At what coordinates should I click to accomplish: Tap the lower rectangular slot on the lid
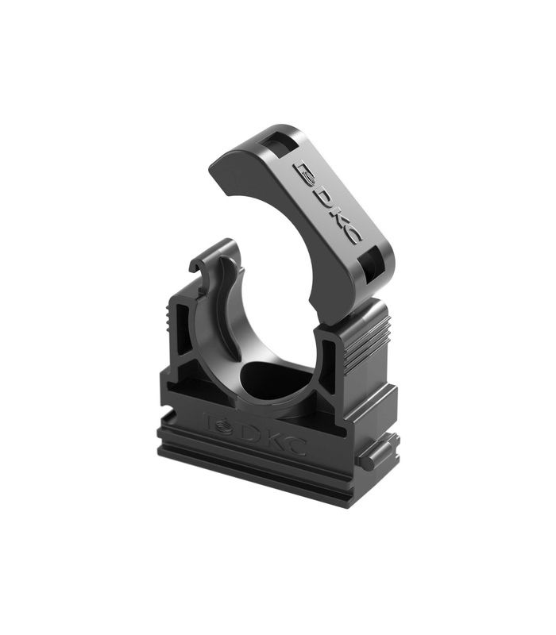[372, 260]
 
